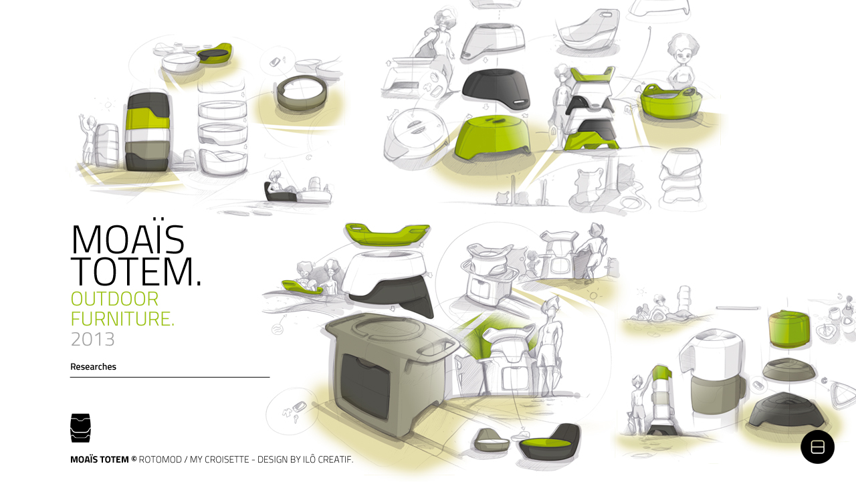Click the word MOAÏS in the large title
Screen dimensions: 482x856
[x=127, y=239]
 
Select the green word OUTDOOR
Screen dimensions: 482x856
[x=114, y=299]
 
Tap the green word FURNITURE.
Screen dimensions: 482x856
[x=122, y=319]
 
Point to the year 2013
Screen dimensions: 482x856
[x=92, y=340]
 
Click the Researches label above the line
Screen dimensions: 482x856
[x=93, y=366]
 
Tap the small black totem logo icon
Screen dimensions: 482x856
[x=80, y=428]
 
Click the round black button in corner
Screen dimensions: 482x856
[x=817, y=447]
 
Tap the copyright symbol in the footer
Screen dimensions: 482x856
[x=134, y=459]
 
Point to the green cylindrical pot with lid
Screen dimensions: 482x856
[x=790, y=329]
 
